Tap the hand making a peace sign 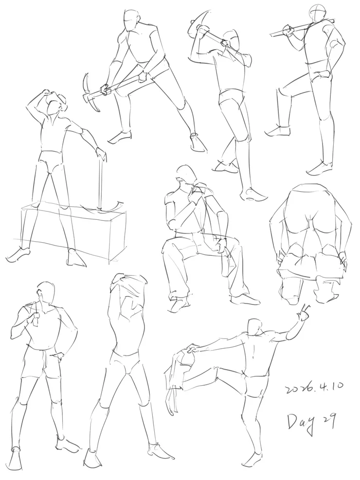point(304,314)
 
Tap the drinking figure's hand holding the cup point(34,319)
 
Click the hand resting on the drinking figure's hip point(59,357)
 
